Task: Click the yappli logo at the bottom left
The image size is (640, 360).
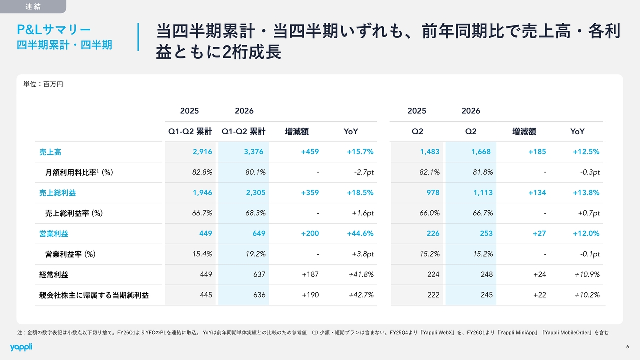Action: click(x=21, y=347)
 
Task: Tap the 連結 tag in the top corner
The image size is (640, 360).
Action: click(x=33, y=6)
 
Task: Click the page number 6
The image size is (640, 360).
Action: click(x=627, y=347)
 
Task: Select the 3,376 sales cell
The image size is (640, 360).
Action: click(x=253, y=152)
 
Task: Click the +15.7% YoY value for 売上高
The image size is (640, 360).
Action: click(x=360, y=152)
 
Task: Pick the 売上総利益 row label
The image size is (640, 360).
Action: click(x=57, y=193)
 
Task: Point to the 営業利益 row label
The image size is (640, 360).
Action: click(x=54, y=234)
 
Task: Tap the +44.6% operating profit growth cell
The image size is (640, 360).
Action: click(x=360, y=233)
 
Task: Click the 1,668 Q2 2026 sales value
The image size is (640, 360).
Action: click(x=481, y=152)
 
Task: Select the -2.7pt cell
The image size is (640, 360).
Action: click(x=364, y=172)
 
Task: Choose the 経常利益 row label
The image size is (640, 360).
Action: click(x=54, y=275)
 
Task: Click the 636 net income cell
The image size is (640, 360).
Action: click(x=259, y=295)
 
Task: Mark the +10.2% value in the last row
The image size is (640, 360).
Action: click(x=587, y=295)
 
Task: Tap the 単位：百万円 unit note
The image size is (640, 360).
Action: click(x=43, y=84)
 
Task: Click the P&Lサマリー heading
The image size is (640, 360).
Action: click(x=54, y=29)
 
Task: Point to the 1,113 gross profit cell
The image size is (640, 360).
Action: click(x=483, y=193)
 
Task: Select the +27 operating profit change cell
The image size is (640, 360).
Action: click(x=539, y=233)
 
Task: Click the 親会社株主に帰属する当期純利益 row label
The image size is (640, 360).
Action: click(x=94, y=295)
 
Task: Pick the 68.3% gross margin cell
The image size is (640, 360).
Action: click(x=255, y=213)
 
